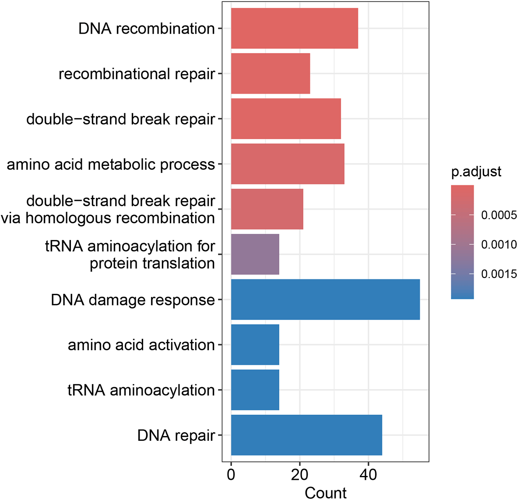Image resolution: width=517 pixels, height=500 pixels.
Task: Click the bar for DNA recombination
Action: (295, 28)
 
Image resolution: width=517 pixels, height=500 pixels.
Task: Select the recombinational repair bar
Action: (271, 74)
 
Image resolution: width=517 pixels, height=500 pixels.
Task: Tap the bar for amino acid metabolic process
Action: (288, 164)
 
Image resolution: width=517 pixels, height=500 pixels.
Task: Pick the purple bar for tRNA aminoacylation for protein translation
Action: (255, 254)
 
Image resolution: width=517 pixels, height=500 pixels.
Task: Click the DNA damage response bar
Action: (325, 299)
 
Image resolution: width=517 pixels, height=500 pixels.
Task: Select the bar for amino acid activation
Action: (255, 345)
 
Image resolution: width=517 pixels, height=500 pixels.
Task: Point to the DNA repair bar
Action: (306, 435)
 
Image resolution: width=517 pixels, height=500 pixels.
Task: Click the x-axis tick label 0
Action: (231, 475)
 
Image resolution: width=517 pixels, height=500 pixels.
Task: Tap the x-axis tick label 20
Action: (300, 475)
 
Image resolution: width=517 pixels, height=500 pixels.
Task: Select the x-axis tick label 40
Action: (368, 475)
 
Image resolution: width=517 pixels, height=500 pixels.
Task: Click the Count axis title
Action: (325, 493)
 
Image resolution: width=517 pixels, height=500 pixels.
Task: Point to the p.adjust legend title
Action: (476, 172)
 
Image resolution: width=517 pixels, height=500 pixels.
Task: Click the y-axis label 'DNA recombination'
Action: (147, 29)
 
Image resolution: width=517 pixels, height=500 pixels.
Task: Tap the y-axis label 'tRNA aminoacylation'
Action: (141, 390)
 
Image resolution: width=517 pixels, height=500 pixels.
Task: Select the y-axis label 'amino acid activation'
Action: (141, 345)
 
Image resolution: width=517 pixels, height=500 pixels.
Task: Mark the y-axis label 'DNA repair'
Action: (176, 436)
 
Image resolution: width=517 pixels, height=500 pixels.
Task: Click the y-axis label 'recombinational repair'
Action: (137, 74)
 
